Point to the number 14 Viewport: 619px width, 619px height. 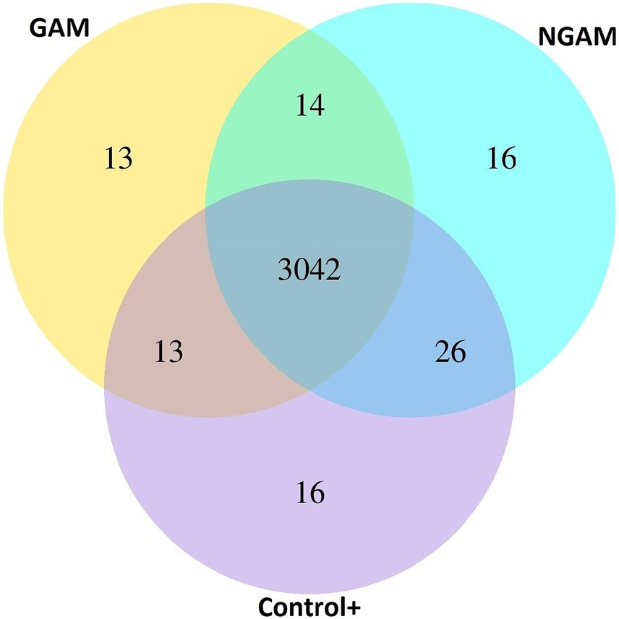309,106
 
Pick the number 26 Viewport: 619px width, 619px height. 451,353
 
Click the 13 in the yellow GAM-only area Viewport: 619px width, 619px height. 118,158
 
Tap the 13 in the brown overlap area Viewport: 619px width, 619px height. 168,353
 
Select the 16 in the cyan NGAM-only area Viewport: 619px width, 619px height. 502,158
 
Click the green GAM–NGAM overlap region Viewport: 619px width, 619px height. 309,145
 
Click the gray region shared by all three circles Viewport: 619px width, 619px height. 309,304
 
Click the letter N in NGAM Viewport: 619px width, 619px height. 547,36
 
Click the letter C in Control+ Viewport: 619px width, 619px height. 265,605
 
